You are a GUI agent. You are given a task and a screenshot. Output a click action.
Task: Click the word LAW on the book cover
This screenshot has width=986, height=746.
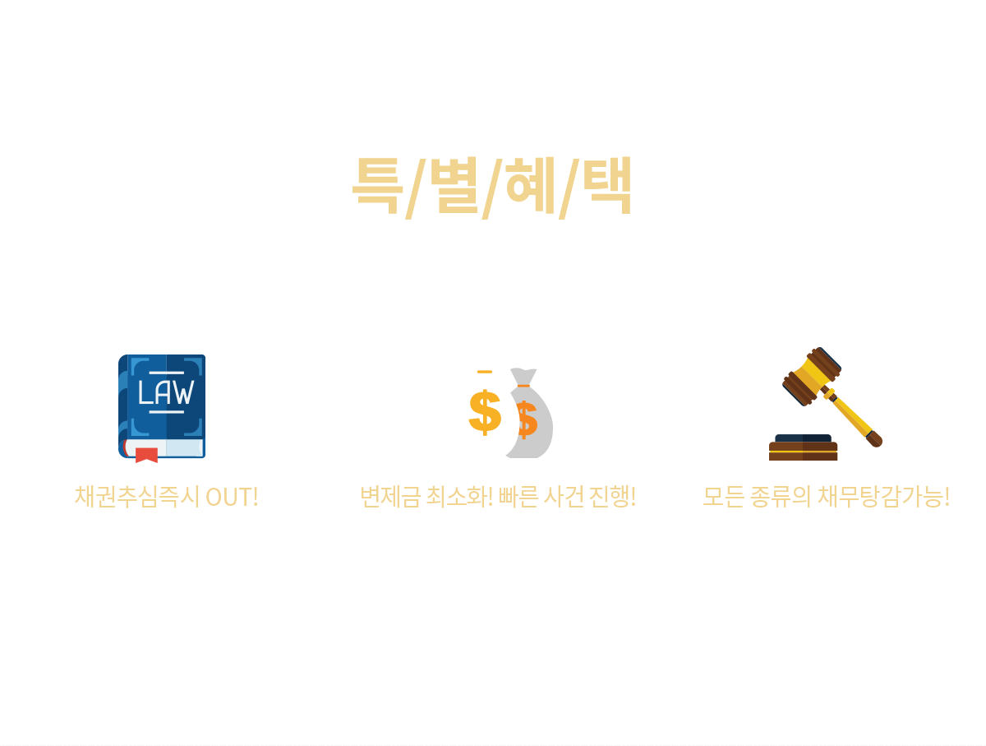point(165,393)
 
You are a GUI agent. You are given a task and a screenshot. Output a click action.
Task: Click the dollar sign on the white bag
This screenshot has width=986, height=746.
point(484,413)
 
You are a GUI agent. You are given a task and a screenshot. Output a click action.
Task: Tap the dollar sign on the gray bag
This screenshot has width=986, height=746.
point(528,421)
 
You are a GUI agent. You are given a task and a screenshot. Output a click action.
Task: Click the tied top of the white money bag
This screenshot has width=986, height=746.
point(485,360)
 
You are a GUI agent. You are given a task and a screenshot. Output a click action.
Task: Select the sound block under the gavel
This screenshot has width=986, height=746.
point(803,448)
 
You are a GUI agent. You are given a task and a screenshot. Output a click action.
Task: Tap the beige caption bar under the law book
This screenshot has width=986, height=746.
point(167,498)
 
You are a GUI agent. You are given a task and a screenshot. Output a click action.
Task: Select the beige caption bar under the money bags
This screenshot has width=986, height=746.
point(499,498)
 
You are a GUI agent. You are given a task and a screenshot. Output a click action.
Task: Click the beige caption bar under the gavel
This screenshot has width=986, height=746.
point(827,498)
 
